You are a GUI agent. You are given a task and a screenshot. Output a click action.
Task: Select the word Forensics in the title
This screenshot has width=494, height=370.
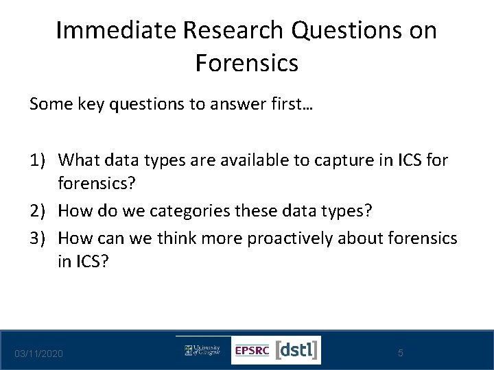tap(247, 64)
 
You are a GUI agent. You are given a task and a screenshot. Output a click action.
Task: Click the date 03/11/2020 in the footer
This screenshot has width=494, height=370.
tap(40, 353)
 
